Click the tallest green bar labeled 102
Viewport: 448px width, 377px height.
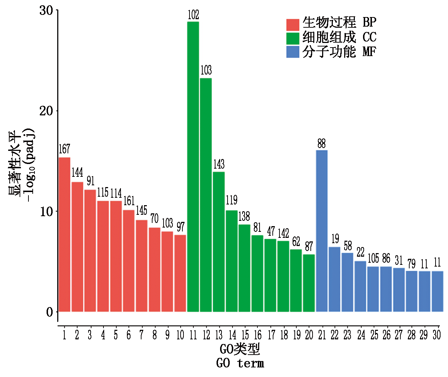[193, 167]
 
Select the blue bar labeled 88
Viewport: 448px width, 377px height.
[322, 231]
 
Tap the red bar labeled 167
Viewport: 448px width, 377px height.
[64, 234]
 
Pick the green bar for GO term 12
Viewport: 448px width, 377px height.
[206, 195]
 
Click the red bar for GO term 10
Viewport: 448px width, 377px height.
[180, 273]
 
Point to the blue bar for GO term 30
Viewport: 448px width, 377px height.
[437, 291]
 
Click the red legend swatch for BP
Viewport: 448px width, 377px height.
[293, 24]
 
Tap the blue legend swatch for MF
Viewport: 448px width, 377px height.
[293, 52]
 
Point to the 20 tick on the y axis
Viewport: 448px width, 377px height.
[46, 111]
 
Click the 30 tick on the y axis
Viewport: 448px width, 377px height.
[46, 11]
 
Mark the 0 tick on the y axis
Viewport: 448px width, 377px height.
[50, 312]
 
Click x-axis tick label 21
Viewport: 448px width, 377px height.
[322, 335]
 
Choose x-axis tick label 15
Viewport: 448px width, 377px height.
[245, 335]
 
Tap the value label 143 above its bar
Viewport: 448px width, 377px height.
[219, 164]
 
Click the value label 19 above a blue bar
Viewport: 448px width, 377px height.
[335, 239]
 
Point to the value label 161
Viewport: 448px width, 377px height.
[129, 201]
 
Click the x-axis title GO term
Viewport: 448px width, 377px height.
[240, 364]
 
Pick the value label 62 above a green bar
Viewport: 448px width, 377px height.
[296, 242]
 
